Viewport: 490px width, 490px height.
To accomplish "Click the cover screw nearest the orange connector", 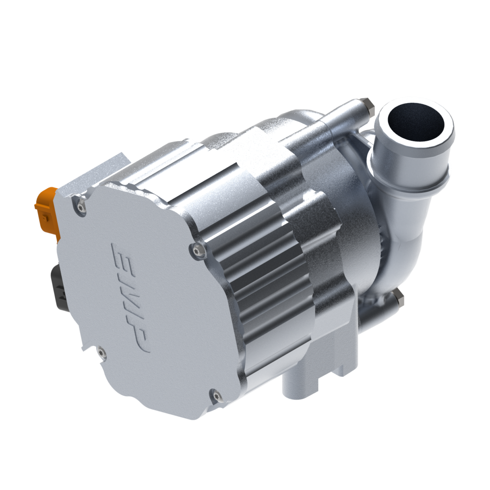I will pyautogui.click(x=80, y=206).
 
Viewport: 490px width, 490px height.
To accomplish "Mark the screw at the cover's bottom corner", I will pyautogui.click(x=213, y=395).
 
